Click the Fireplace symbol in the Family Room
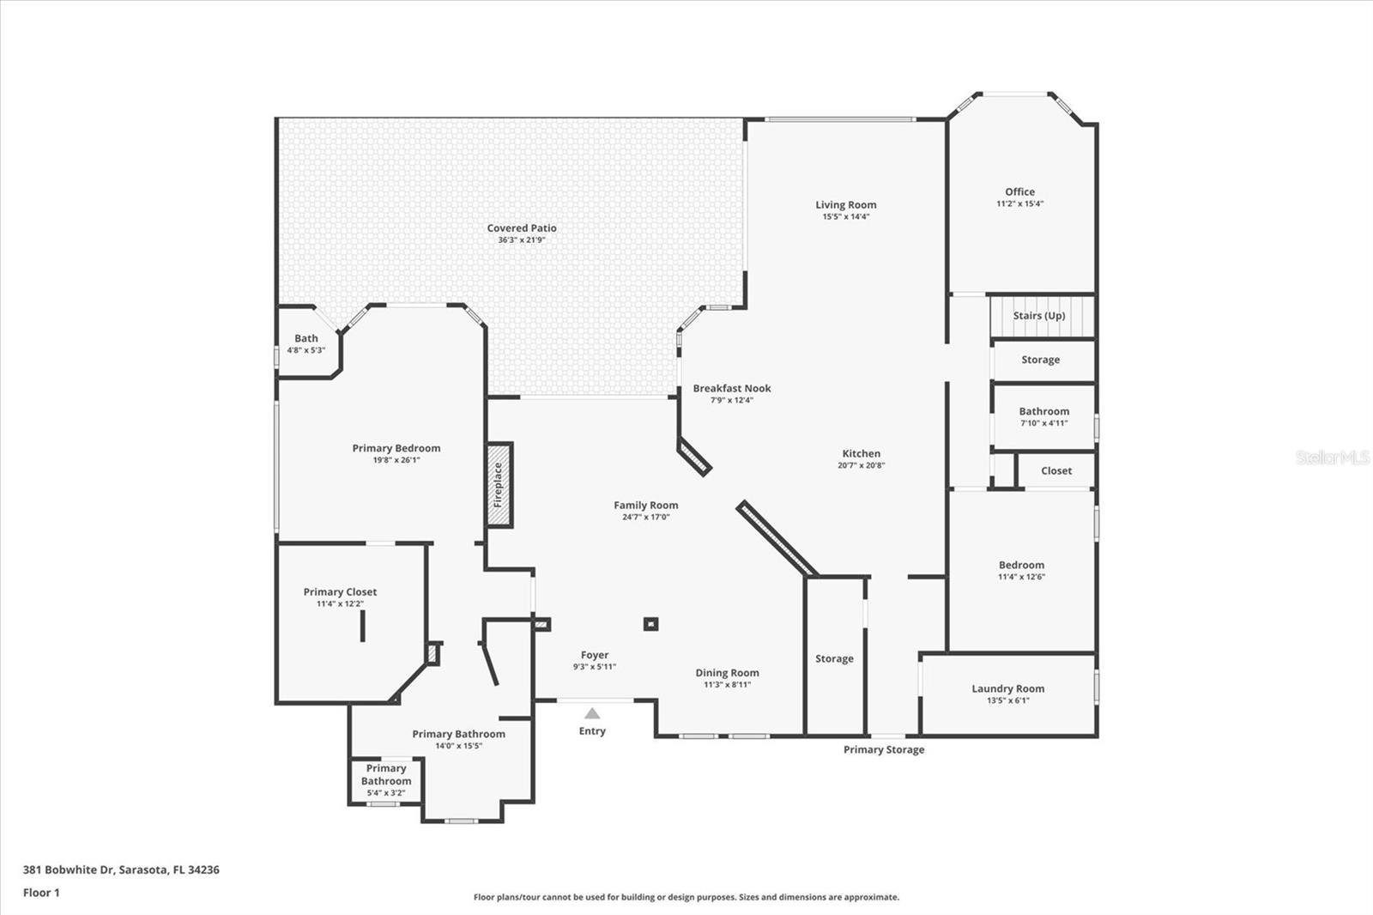[499, 485]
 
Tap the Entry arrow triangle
[592, 713]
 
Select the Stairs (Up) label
[1038, 316]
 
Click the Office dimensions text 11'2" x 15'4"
[1019, 204]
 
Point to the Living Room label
[845, 204]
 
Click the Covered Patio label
[522, 227]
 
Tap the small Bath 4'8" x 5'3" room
[306, 343]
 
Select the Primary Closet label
[340, 591]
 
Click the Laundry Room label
[1007, 688]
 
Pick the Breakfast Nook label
[732, 388]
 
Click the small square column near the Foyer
[650, 624]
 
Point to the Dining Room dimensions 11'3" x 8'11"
[727, 685]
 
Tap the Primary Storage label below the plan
[884, 749]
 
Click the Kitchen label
[861, 453]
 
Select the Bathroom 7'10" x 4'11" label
[1043, 411]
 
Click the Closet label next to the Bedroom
[1055, 470]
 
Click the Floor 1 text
[41, 893]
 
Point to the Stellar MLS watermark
[1332, 457]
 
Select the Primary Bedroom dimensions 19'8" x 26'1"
[396, 460]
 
